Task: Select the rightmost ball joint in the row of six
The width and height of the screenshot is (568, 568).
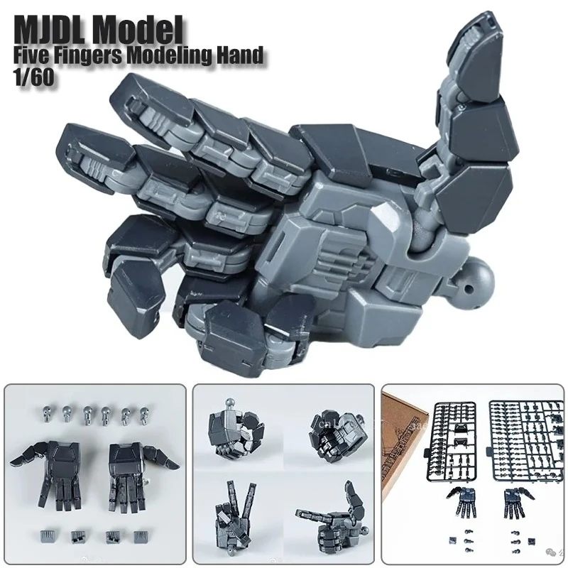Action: tap(146, 413)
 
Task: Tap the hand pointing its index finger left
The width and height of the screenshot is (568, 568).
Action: tap(327, 515)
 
